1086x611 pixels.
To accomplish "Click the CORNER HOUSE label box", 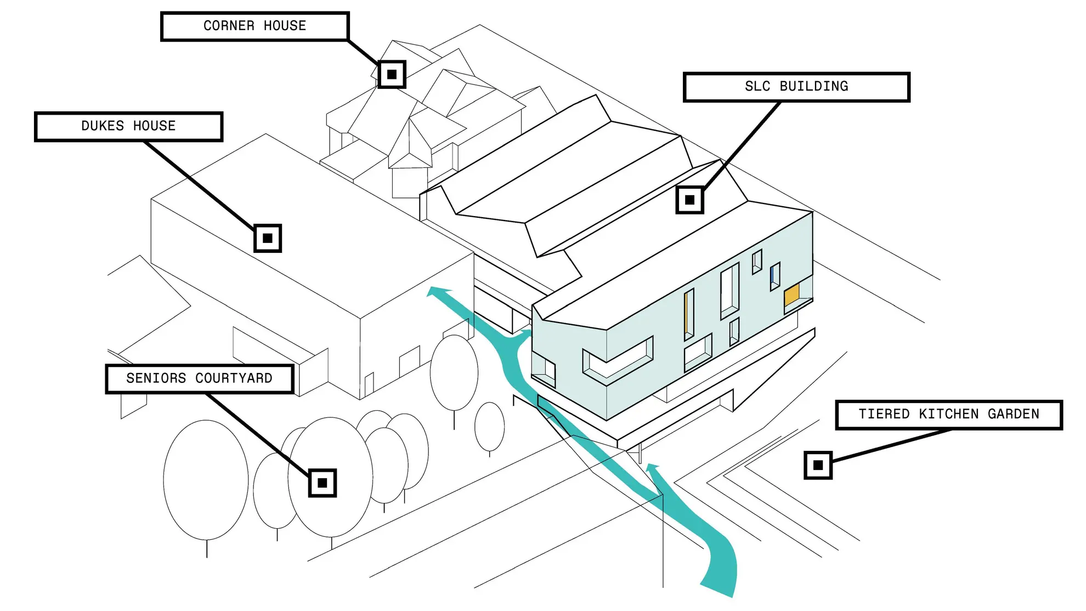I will click(255, 26).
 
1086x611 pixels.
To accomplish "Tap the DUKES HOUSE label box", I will click(128, 127).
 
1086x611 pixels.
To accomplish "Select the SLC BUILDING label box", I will click(796, 87).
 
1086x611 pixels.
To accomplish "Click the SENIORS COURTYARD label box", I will click(199, 378).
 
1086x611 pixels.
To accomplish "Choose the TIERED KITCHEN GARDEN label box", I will click(949, 415).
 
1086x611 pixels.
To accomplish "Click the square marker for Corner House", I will click(392, 74).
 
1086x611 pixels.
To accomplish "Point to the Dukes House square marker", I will click(268, 238).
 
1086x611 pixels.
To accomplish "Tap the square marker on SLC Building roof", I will click(690, 200).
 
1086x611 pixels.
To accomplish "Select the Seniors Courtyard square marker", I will click(323, 483).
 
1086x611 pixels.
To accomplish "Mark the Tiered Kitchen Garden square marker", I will click(818, 465).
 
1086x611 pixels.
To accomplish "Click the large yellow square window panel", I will click(791, 296).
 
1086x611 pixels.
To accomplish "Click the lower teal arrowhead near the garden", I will click(652, 469).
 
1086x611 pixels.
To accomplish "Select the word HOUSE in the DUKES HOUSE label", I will click(154, 127).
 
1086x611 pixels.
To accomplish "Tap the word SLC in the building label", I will click(757, 87).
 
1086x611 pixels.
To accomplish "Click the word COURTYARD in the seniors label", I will click(234, 378).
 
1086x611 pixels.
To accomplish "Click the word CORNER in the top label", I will click(229, 26).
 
